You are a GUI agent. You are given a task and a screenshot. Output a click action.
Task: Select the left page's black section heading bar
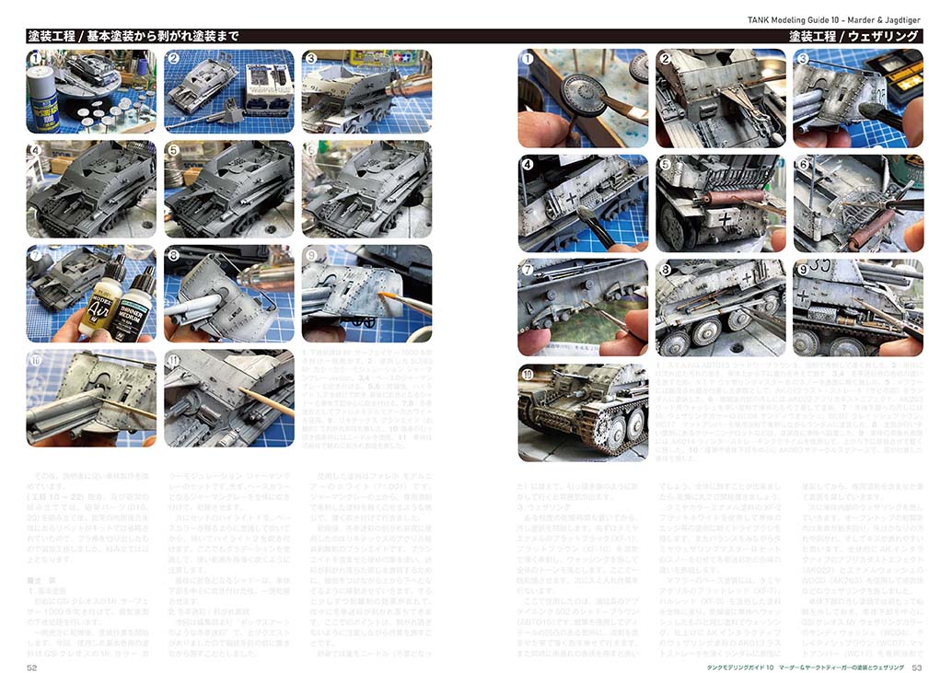tap(249, 36)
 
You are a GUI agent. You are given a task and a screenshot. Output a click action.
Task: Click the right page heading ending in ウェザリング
tap(854, 36)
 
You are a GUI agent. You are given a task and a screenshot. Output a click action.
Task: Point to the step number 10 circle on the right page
tap(528, 374)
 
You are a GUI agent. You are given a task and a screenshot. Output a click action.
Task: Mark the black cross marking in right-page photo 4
tap(571, 199)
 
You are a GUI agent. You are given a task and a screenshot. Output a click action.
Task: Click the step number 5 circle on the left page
tap(173, 150)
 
